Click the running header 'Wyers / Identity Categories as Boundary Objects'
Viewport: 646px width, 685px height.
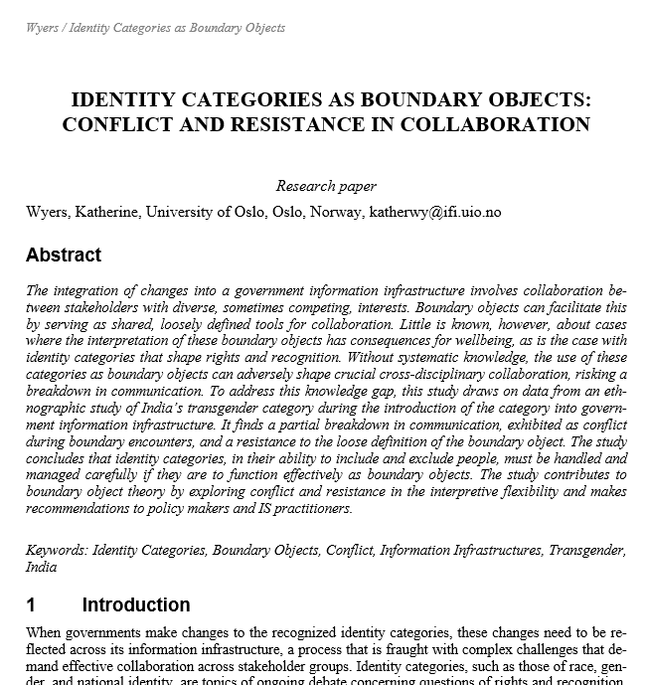click(x=155, y=28)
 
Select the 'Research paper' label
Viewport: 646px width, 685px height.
click(x=326, y=186)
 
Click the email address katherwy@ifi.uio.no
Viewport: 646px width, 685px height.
click(x=435, y=212)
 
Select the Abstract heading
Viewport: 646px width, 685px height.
click(x=64, y=256)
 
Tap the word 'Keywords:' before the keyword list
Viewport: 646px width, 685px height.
click(x=57, y=550)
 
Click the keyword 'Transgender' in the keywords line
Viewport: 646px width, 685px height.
click(x=588, y=550)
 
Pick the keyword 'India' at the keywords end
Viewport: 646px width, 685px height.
click(x=41, y=567)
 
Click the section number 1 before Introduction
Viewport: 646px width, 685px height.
click(x=31, y=605)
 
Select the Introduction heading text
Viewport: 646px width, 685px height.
click(x=136, y=605)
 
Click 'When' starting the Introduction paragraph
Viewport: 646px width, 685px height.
click(x=46, y=632)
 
